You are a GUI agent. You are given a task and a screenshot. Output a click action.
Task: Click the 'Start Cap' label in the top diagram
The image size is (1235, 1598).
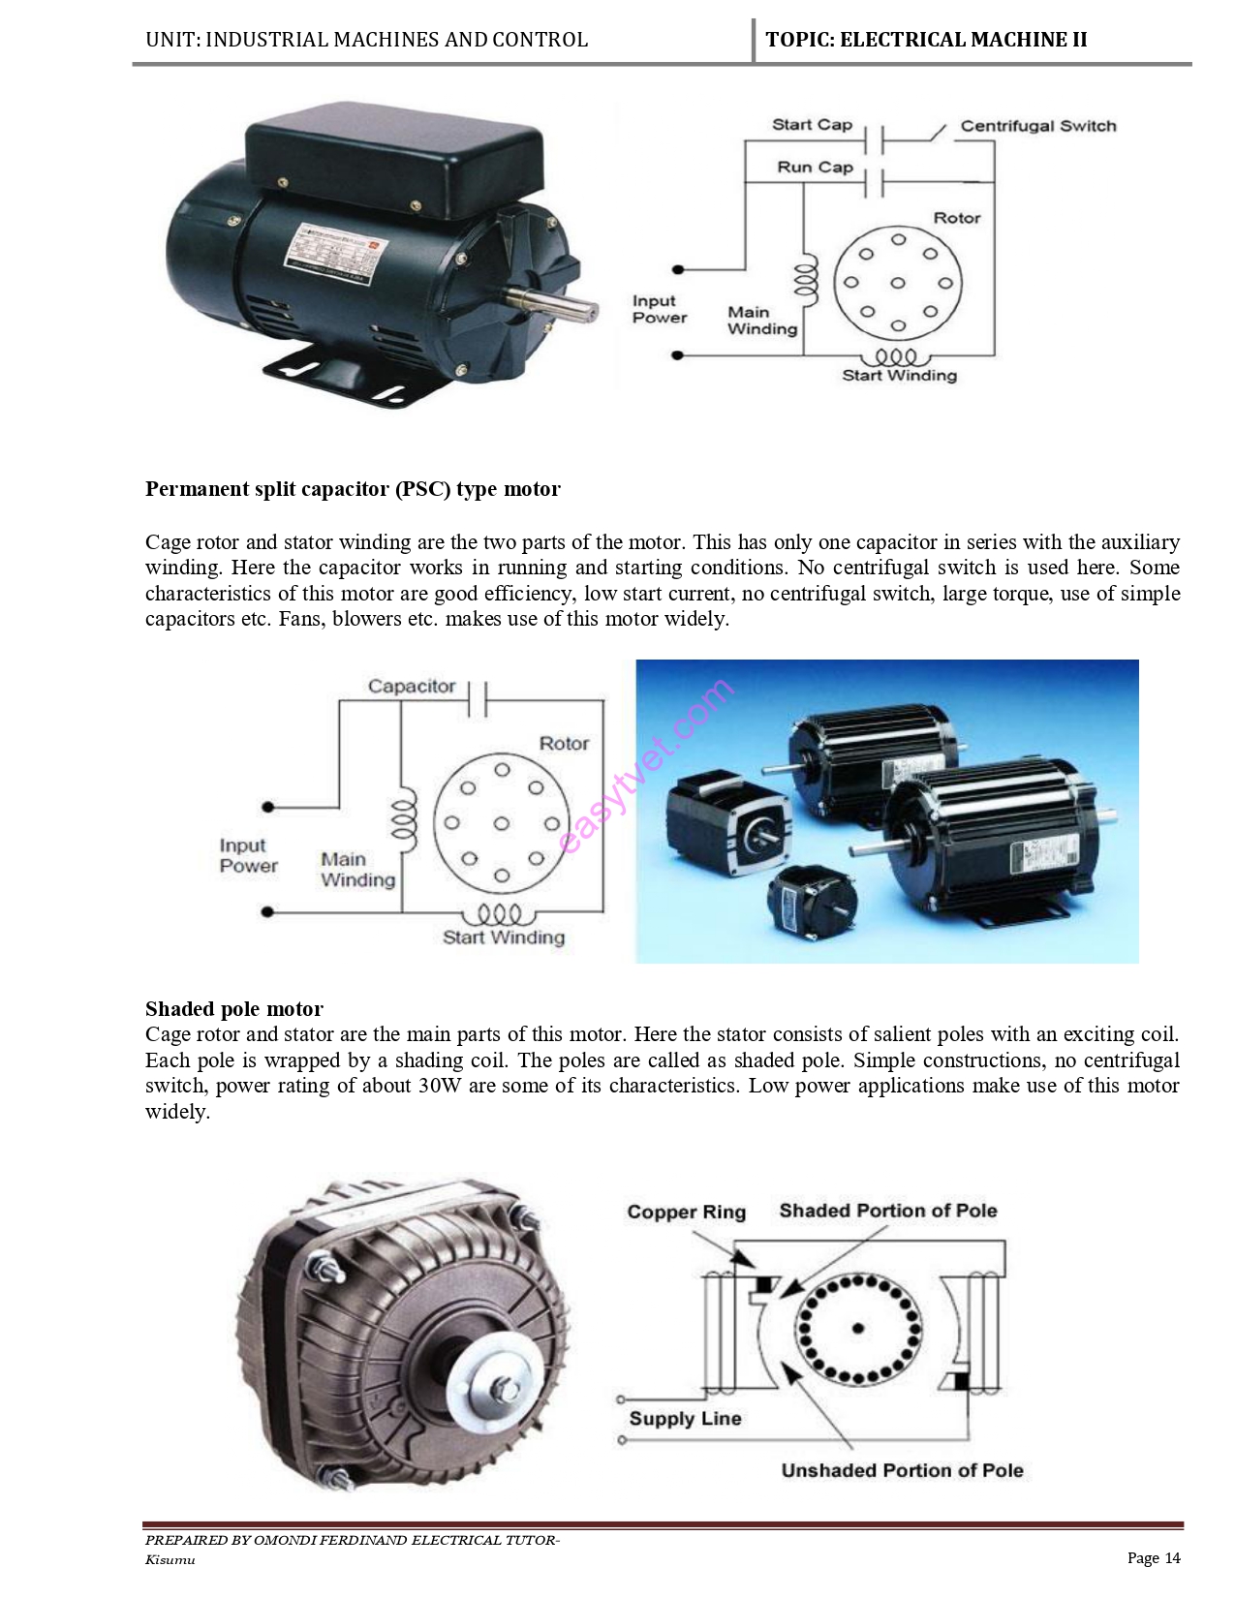812,125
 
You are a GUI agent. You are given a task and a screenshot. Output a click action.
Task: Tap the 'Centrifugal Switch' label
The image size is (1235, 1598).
1037,126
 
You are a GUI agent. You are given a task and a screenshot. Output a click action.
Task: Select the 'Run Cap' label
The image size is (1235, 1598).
815,168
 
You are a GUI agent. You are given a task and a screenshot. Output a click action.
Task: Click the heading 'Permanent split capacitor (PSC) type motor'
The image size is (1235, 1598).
353,489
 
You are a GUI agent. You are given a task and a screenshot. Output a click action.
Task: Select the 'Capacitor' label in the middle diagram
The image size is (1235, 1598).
411,687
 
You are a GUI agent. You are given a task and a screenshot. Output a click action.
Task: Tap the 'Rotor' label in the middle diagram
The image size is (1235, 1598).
564,744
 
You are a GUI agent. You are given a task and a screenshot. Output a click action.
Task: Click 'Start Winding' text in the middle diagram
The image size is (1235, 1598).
503,937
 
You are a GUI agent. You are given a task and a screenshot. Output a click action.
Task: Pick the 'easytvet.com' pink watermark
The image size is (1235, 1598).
646,766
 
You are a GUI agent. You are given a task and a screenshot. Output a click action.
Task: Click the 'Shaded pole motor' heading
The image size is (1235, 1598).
234,1009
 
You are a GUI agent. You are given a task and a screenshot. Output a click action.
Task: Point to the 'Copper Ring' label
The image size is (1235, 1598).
686,1213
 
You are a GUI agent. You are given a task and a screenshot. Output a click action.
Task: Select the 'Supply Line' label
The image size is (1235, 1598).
685,1419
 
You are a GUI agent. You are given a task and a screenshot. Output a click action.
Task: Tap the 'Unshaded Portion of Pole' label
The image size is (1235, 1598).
902,1471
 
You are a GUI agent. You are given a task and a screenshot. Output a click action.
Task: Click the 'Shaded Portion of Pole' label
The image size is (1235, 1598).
887,1211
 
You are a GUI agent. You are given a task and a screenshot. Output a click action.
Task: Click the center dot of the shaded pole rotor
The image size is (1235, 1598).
857,1329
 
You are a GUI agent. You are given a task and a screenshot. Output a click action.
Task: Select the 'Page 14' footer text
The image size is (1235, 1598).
1154,1558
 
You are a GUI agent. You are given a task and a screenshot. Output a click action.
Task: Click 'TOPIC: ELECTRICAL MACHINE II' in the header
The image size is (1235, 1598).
926,40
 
